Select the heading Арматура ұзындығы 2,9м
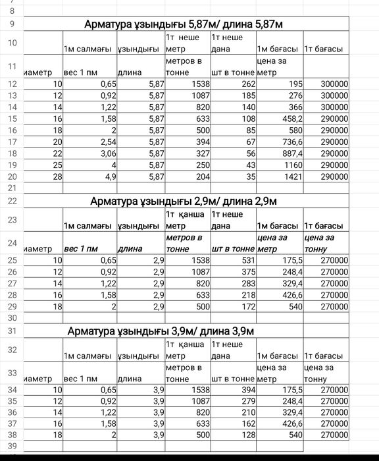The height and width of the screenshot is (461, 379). (184, 201)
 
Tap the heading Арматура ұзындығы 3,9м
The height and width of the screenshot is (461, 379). (161, 331)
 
